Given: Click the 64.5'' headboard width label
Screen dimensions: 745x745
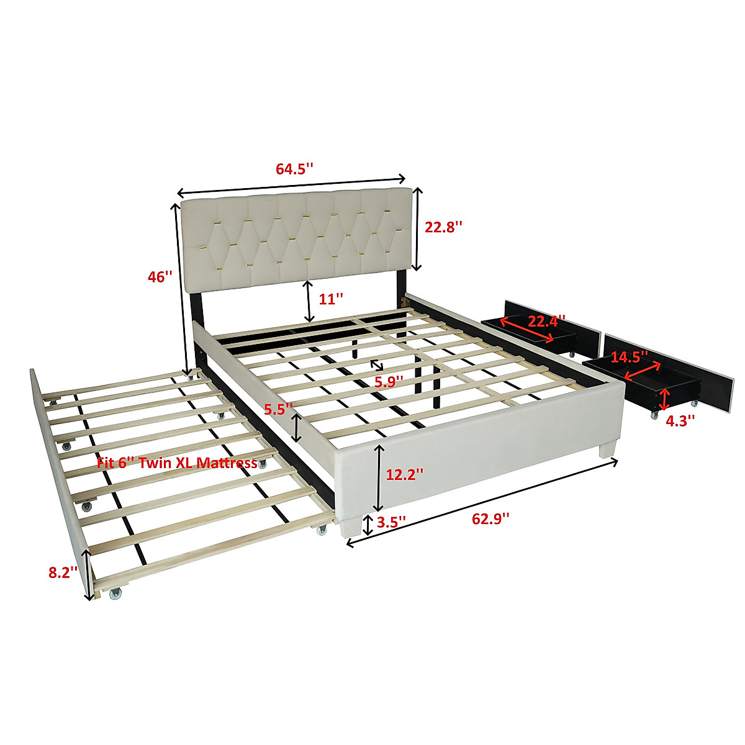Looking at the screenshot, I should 294,169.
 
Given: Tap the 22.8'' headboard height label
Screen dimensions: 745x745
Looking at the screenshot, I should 444,227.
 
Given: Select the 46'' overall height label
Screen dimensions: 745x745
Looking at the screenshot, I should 160,277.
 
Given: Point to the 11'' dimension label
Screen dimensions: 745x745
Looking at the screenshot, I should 331,299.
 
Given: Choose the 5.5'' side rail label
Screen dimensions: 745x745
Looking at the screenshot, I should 278,409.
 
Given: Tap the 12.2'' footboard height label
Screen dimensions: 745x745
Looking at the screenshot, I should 405,475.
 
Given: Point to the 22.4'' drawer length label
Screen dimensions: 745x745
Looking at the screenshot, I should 546,321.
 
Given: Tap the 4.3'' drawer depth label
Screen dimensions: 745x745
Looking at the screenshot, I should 680,420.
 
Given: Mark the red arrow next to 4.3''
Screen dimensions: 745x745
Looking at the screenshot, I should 665,398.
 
